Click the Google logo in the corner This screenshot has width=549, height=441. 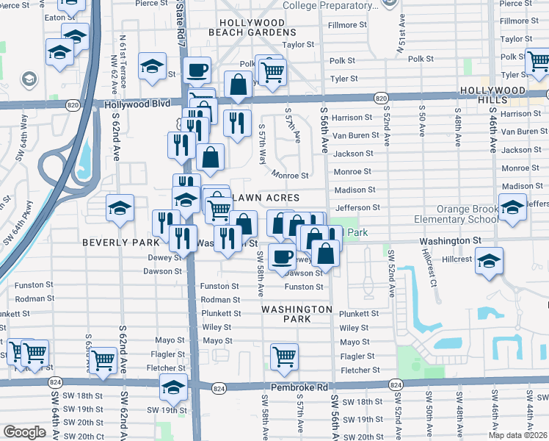click(24, 432)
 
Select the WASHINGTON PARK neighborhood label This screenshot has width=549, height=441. click(297, 314)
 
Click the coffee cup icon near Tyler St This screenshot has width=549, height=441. click(197, 71)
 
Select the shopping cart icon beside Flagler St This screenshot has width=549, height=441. click(284, 356)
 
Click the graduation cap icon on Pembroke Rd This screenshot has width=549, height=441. click(173, 387)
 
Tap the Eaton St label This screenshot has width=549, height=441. click(55, 16)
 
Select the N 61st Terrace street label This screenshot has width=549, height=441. click(123, 57)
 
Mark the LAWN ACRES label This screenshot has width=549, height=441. click(266, 198)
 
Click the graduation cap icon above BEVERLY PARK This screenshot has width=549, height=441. click(120, 208)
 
